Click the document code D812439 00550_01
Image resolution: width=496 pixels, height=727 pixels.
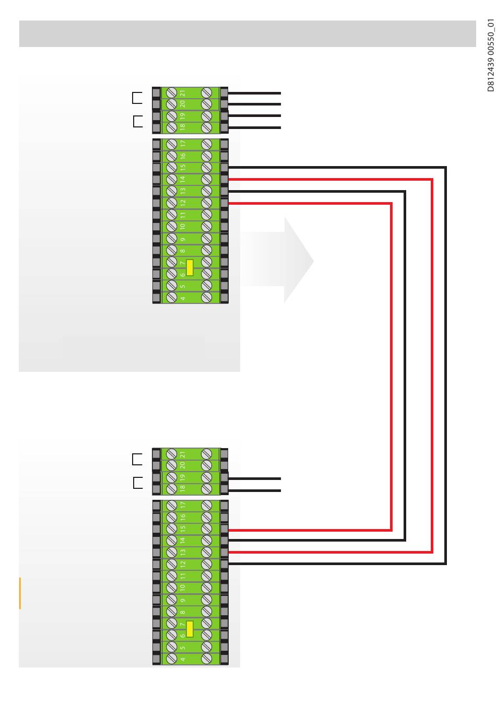coord(490,55)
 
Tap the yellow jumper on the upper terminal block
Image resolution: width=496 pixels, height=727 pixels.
coord(190,267)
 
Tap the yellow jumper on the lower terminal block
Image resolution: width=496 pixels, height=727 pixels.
coord(190,629)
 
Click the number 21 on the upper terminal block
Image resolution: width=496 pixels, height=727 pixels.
coord(183,92)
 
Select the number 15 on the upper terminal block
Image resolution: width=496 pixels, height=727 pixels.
coord(183,168)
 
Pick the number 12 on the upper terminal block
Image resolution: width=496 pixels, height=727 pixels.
coord(183,203)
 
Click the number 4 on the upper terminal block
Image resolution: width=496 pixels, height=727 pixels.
coord(183,298)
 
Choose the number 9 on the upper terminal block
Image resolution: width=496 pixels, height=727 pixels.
coord(183,239)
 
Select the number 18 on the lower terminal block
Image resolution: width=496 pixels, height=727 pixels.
coord(183,489)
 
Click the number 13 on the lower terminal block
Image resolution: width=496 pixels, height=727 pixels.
coord(183,552)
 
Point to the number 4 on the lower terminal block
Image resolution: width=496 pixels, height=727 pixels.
coord(183,659)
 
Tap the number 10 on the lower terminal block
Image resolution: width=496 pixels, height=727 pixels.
coord(183,588)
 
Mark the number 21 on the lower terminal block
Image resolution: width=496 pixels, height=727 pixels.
coord(183,454)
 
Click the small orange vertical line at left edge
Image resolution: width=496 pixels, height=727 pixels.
coord(20,593)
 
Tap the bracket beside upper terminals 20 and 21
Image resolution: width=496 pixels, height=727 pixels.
coord(137,98)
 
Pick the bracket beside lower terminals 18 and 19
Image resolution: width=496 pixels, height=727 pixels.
coord(137,483)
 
